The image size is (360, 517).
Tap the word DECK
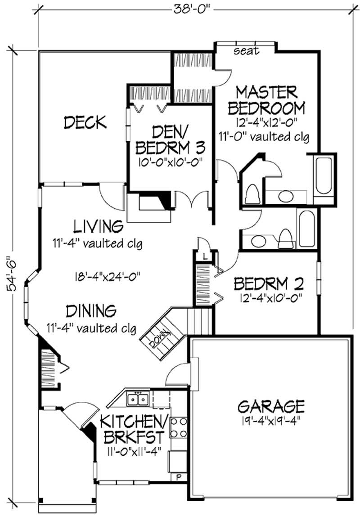point(85,122)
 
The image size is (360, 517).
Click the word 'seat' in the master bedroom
point(247,51)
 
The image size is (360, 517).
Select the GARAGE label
point(270,406)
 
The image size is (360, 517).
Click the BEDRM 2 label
point(269,283)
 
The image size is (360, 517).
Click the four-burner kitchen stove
point(178,427)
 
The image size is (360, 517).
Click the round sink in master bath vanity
point(285,197)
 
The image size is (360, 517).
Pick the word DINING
point(91,311)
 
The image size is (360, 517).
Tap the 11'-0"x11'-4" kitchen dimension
point(133,451)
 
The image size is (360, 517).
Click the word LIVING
point(98,226)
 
